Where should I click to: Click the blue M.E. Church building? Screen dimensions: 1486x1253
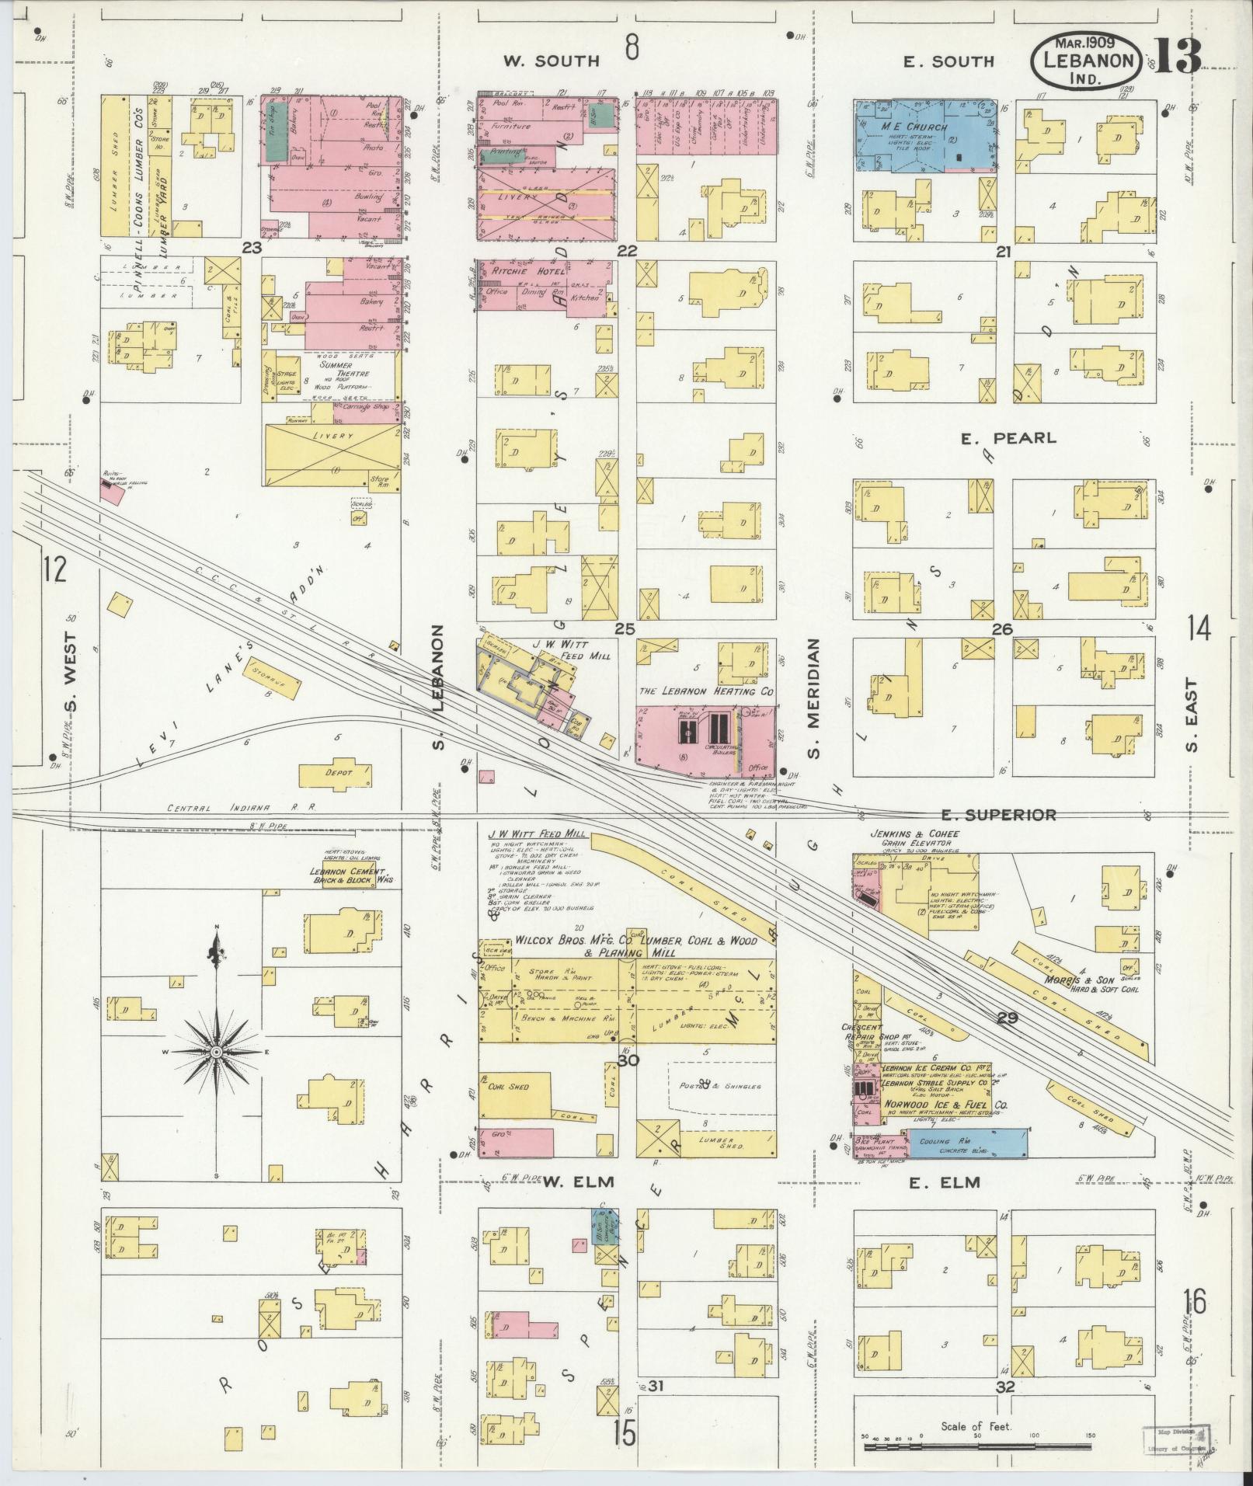924,133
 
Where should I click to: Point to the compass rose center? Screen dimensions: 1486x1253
217,1052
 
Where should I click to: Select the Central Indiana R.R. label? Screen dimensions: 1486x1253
242,808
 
